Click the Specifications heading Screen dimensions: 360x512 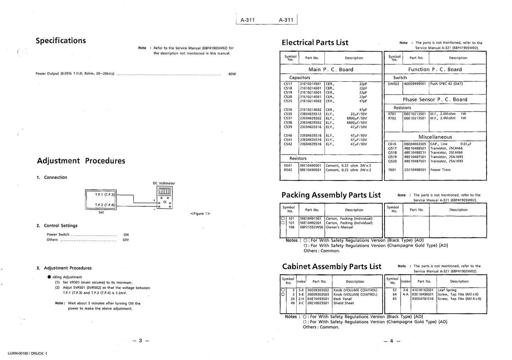pyautogui.click(x=61, y=41)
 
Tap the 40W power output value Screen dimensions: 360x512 pyautogui.click(x=232, y=74)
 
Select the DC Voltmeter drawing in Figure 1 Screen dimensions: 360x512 pyautogui.click(x=164, y=198)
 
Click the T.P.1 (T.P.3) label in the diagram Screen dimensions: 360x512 pyautogui.click(x=105, y=195)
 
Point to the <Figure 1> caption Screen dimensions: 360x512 pyautogui.click(x=200, y=213)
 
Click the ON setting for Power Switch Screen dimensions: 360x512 pyautogui.click(x=126, y=235)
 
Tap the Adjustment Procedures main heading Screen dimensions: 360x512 pyautogui.click(x=81, y=161)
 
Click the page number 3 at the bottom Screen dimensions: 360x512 pyautogui.click(x=140, y=341)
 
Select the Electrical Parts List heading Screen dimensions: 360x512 pyautogui.click(x=315, y=43)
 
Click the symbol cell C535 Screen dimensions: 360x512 pyautogui.click(x=288, y=114)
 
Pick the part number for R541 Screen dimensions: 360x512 pyautogui.click(x=310, y=165)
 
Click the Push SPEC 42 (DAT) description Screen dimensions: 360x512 pyautogui.click(x=446, y=84)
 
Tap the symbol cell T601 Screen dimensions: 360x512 pyautogui.click(x=392, y=170)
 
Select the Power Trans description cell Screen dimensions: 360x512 pyautogui.click(x=440, y=170)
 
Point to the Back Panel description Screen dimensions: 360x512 pyautogui.click(x=342, y=299)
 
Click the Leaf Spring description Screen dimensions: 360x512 pyautogui.click(x=447, y=290)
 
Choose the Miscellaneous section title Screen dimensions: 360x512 pyautogui.click(x=435, y=137)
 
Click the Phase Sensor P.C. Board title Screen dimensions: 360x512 pyautogui.click(x=435, y=99)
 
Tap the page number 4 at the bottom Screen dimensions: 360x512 pyautogui.click(x=392, y=341)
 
